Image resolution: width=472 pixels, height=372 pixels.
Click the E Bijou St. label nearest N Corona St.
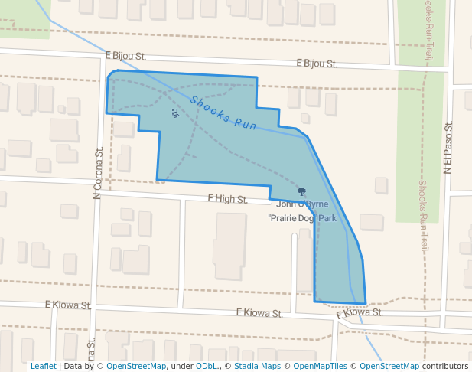(124, 57)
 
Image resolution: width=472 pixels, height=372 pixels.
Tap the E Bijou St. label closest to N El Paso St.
(316, 64)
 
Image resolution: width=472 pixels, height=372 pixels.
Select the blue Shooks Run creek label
(223, 112)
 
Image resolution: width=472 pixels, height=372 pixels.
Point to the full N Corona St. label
(97, 172)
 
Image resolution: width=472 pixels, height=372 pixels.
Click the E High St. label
(227, 199)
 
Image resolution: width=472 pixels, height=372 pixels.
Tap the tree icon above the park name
(301, 191)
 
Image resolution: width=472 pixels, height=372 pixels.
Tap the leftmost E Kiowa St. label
(70, 305)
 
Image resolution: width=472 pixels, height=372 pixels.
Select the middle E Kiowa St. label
(259, 312)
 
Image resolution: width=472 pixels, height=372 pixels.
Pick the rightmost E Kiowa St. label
(359, 312)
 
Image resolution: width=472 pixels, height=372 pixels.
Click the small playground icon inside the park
(175, 114)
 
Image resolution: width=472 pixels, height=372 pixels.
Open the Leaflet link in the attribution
(43, 366)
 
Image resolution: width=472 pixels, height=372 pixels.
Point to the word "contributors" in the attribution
(445, 366)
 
